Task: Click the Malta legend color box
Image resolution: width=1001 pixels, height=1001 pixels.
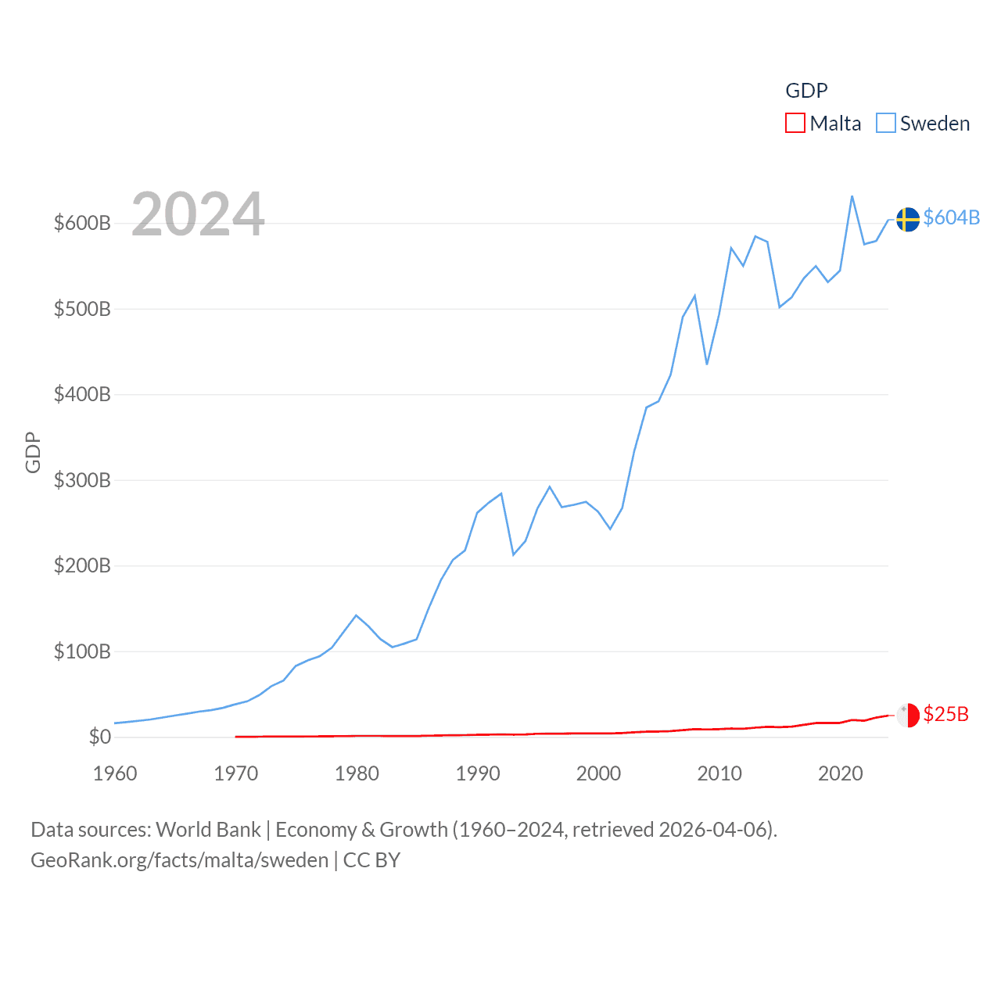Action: pos(795,124)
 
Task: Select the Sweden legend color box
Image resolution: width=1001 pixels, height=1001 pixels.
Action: pos(885,124)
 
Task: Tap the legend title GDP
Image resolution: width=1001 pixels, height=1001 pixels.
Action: pos(806,91)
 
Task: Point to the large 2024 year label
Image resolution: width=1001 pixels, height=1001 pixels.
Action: pos(198,214)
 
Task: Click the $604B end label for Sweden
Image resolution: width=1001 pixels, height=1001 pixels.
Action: pos(951,217)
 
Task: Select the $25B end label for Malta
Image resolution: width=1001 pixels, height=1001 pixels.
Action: pos(945,714)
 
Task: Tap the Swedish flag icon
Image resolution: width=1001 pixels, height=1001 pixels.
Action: pos(908,220)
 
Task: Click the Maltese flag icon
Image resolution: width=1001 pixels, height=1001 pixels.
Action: pos(908,715)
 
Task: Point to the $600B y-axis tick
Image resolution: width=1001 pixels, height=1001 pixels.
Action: pos(82,224)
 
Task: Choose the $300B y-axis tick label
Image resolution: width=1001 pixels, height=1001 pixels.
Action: pos(82,480)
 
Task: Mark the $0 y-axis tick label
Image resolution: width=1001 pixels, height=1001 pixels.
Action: pos(99,737)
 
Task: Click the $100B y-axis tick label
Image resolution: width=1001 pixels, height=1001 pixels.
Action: pos(82,651)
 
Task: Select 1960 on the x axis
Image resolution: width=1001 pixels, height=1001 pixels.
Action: pos(115,773)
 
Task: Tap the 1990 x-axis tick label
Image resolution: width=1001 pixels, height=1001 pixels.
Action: pos(478,773)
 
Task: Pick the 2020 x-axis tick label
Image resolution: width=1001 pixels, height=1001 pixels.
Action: pos(841,773)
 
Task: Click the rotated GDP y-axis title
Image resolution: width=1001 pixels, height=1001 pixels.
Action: pos(33,452)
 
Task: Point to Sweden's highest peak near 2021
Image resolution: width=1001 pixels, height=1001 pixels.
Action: pos(852,196)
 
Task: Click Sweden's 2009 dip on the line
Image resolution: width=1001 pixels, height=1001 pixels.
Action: pos(707,364)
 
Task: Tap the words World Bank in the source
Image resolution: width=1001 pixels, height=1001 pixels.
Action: pos(208,830)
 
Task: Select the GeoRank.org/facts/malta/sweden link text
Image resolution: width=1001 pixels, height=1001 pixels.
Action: pos(179,860)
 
